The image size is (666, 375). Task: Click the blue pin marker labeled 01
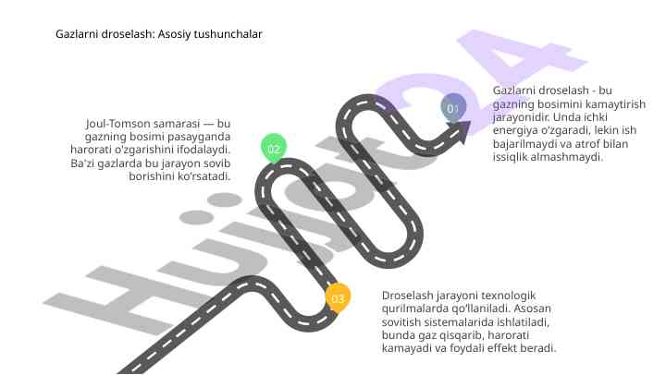coord(453,108)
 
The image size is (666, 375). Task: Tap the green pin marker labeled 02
coord(274,149)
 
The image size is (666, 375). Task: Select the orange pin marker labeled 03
coord(338,298)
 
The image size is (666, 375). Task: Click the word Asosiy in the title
coord(174,34)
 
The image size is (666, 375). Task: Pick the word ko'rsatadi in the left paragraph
coord(203,176)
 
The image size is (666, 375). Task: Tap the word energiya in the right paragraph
coord(515,130)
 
